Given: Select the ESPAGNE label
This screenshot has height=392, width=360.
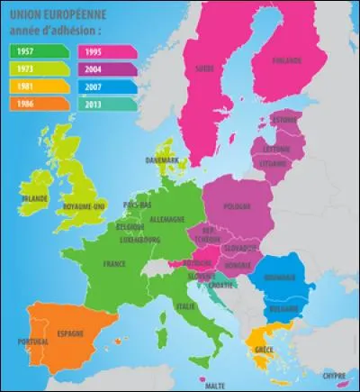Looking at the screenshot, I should pos(69,333).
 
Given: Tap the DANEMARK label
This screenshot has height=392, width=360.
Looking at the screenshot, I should pos(162,160).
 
